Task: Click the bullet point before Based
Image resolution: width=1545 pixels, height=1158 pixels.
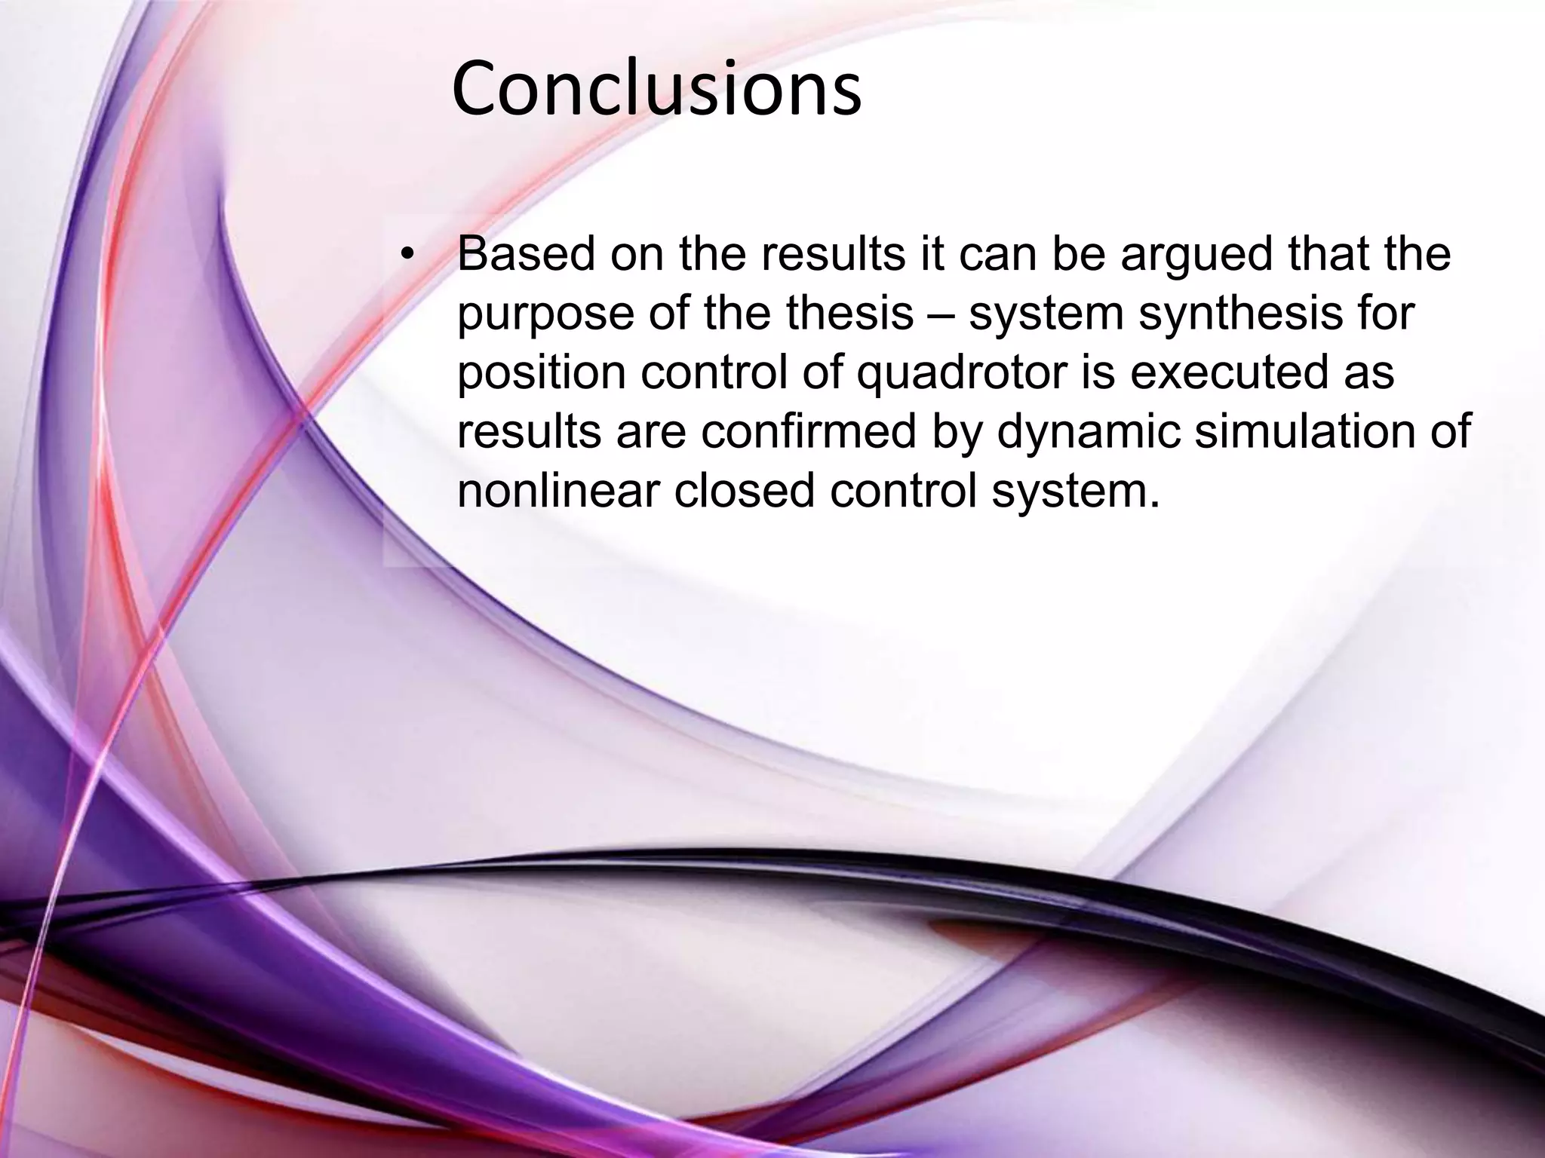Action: [x=407, y=256]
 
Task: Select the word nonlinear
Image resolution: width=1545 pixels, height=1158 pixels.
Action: [x=558, y=492]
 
